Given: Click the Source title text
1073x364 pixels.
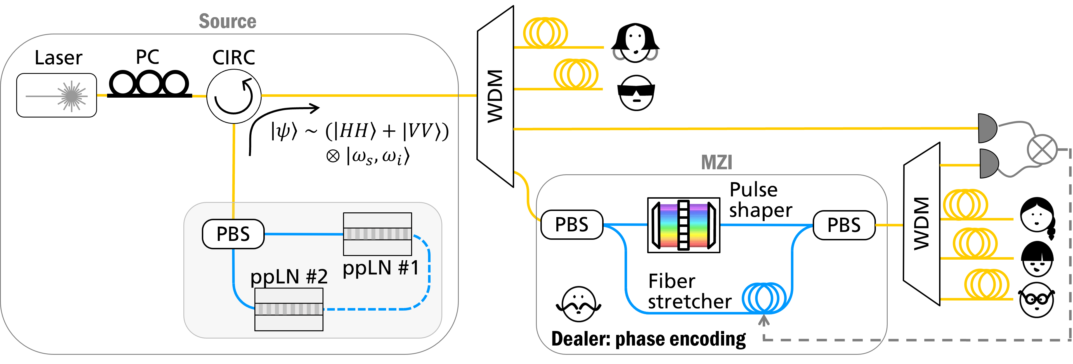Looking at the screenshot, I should (227, 21).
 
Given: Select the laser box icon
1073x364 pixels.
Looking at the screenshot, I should (57, 95).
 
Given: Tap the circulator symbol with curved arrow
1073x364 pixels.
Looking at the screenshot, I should (234, 96).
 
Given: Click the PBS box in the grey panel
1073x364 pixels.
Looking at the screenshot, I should (233, 234).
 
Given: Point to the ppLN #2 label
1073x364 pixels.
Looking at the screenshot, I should (289, 276).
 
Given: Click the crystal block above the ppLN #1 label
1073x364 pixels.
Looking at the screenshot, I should (377, 234).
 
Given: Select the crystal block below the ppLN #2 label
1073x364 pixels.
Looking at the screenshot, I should (289, 309).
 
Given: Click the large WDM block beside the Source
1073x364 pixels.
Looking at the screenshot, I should (495, 96).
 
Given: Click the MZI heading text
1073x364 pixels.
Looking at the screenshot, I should (717, 163).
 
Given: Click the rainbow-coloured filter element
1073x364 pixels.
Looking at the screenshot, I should (684, 225).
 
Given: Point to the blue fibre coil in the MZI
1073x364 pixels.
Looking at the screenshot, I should (764, 298).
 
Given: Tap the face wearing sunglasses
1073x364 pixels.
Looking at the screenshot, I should (636, 93).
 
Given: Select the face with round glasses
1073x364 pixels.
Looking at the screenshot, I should (1037, 300).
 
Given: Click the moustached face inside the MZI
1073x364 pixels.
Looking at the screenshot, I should (578, 304).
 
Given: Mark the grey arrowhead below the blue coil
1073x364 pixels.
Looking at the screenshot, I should (764, 321).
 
